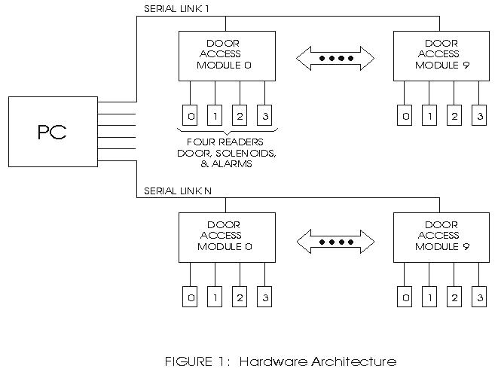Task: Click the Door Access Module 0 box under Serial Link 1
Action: tap(225, 56)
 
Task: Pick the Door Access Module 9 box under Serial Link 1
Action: tap(441, 56)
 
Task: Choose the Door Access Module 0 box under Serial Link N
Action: tap(225, 236)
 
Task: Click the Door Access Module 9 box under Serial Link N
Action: tap(441, 236)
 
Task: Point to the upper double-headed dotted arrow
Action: tap(334, 58)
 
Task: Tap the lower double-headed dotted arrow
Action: tap(334, 242)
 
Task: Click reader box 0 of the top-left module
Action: tap(191, 116)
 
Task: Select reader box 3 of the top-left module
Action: tap(264, 116)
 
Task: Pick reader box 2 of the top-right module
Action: tap(454, 116)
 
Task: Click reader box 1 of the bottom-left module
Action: tap(215, 298)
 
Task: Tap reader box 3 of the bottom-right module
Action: tap(478, 298)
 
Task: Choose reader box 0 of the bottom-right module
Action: tap(405, 298)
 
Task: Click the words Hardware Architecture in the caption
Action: tap(317, 361)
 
